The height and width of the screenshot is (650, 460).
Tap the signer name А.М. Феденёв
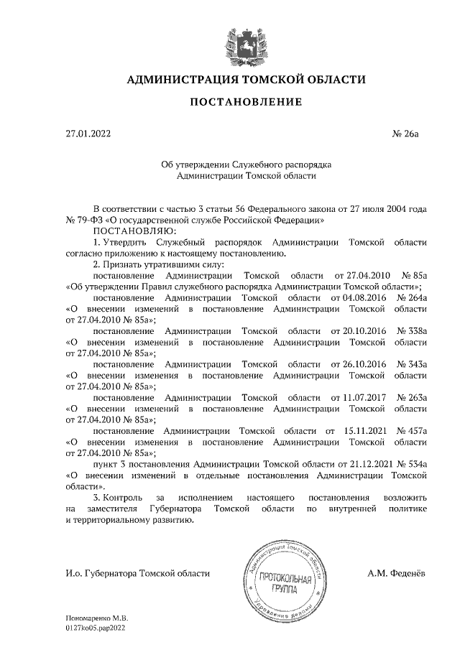(397, 572)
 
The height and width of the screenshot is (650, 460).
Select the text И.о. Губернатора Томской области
(137, 572)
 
